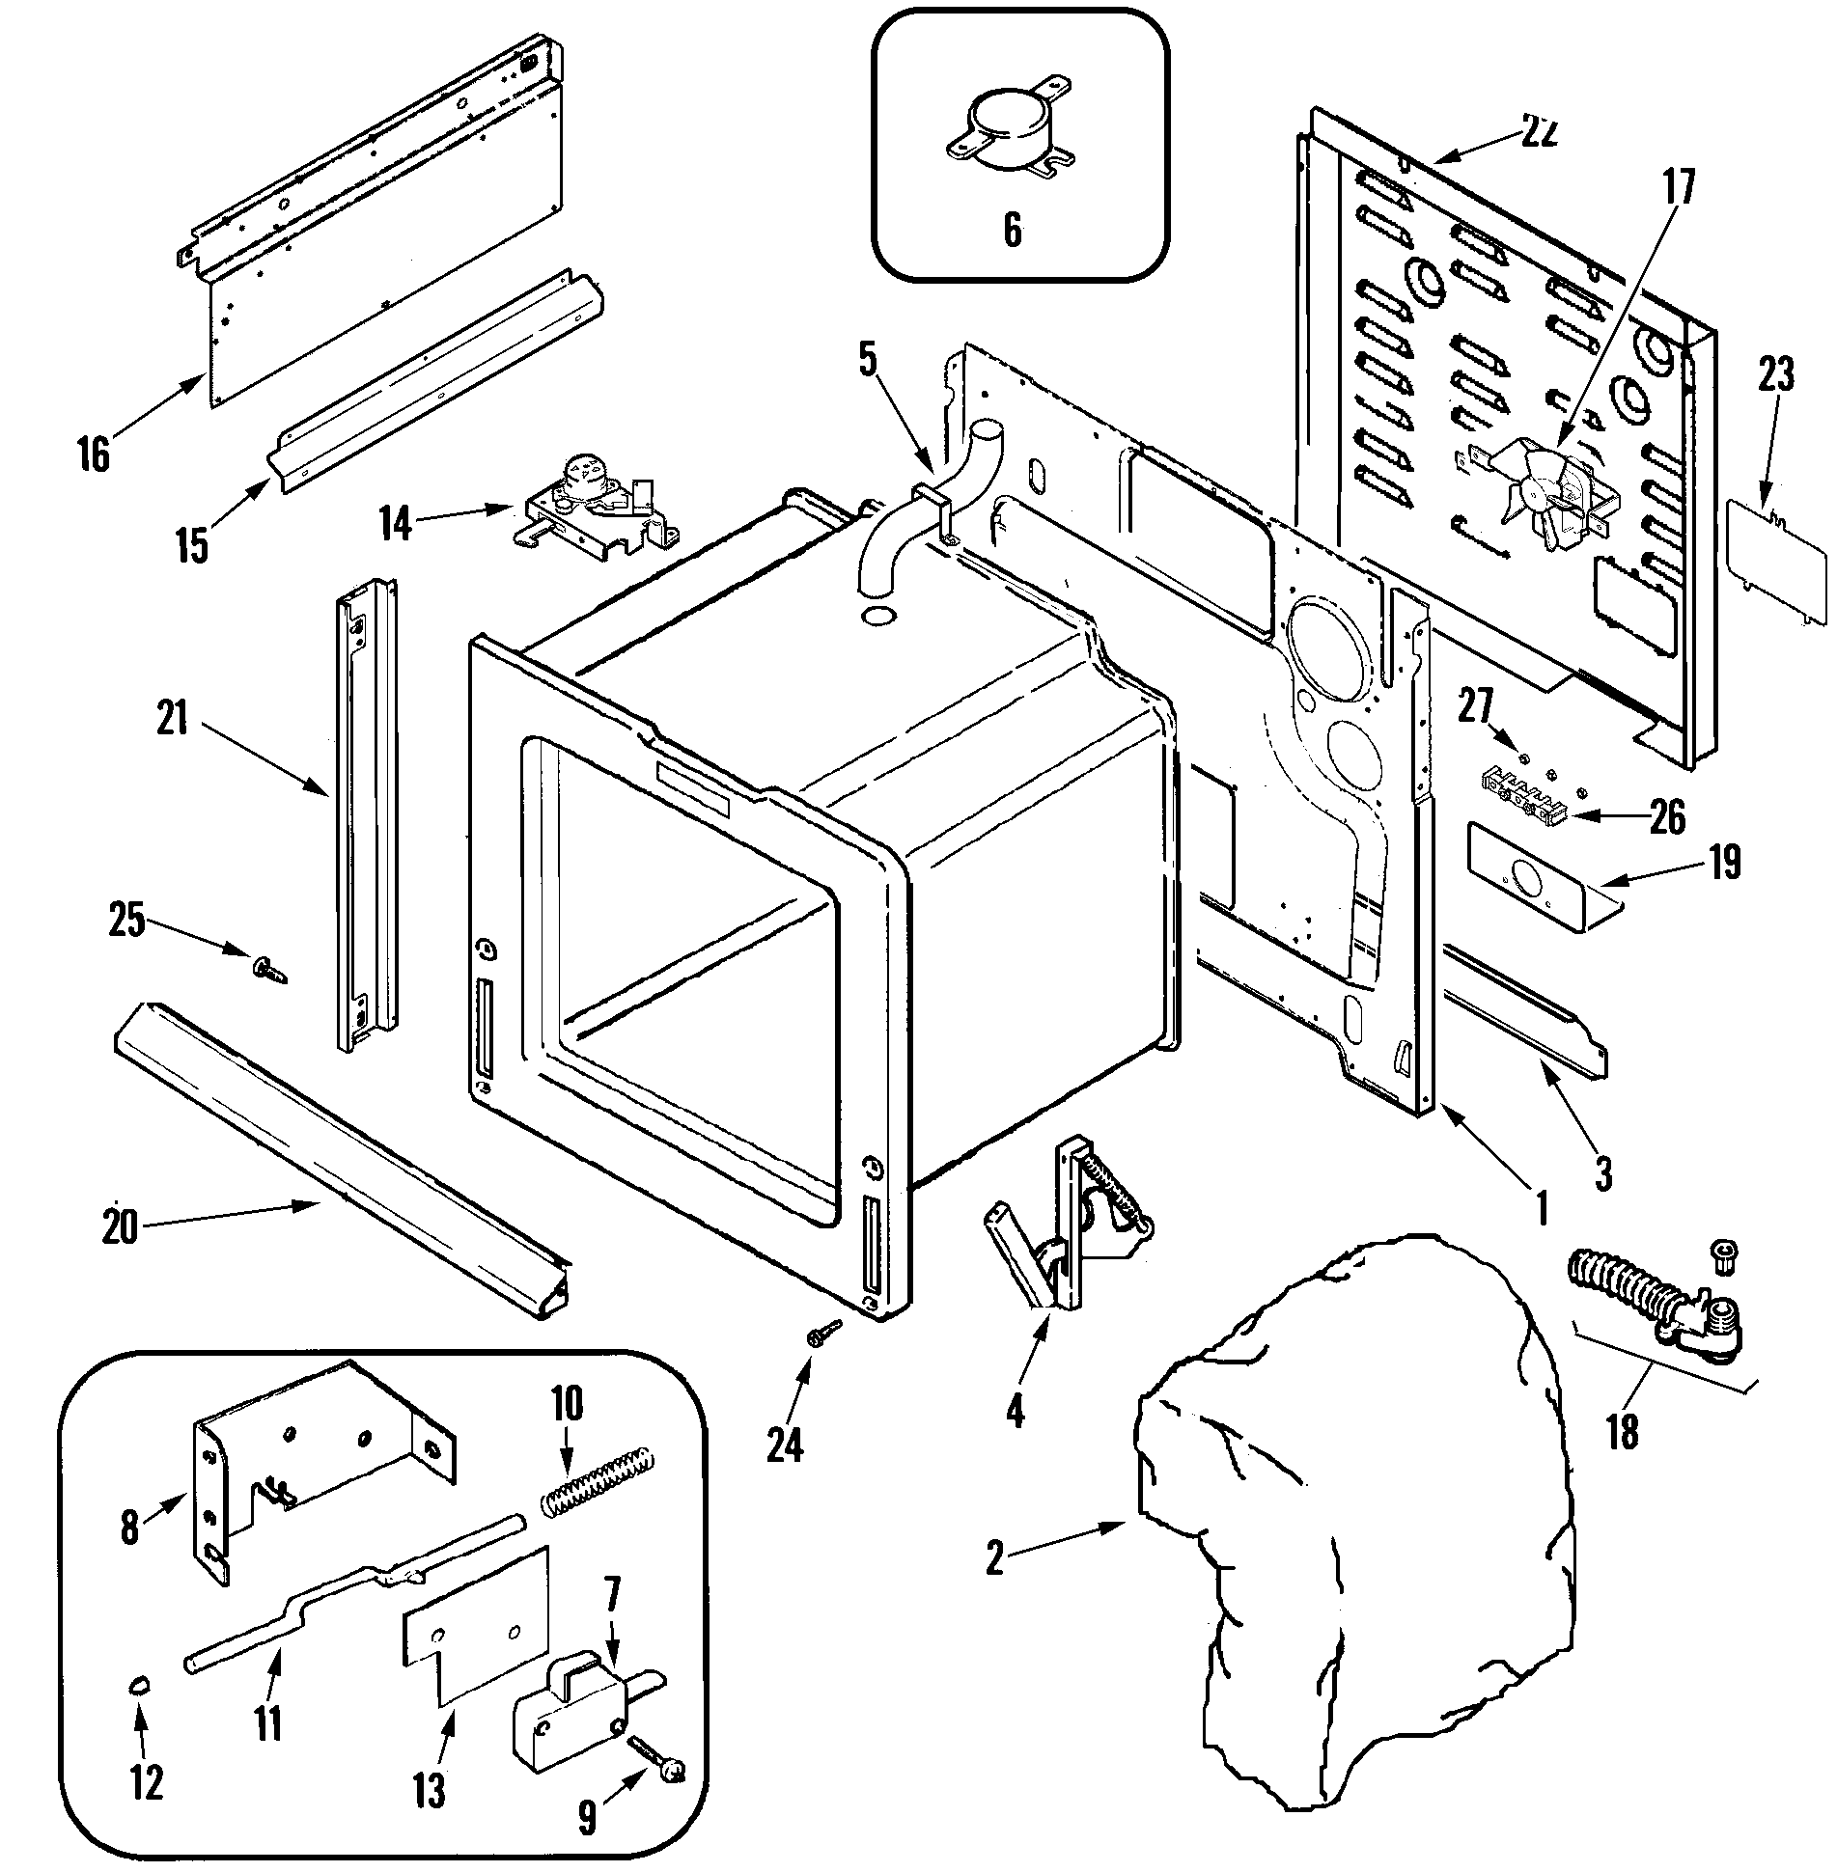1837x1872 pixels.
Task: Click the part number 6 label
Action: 1012,231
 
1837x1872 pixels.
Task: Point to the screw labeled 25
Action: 266,969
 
